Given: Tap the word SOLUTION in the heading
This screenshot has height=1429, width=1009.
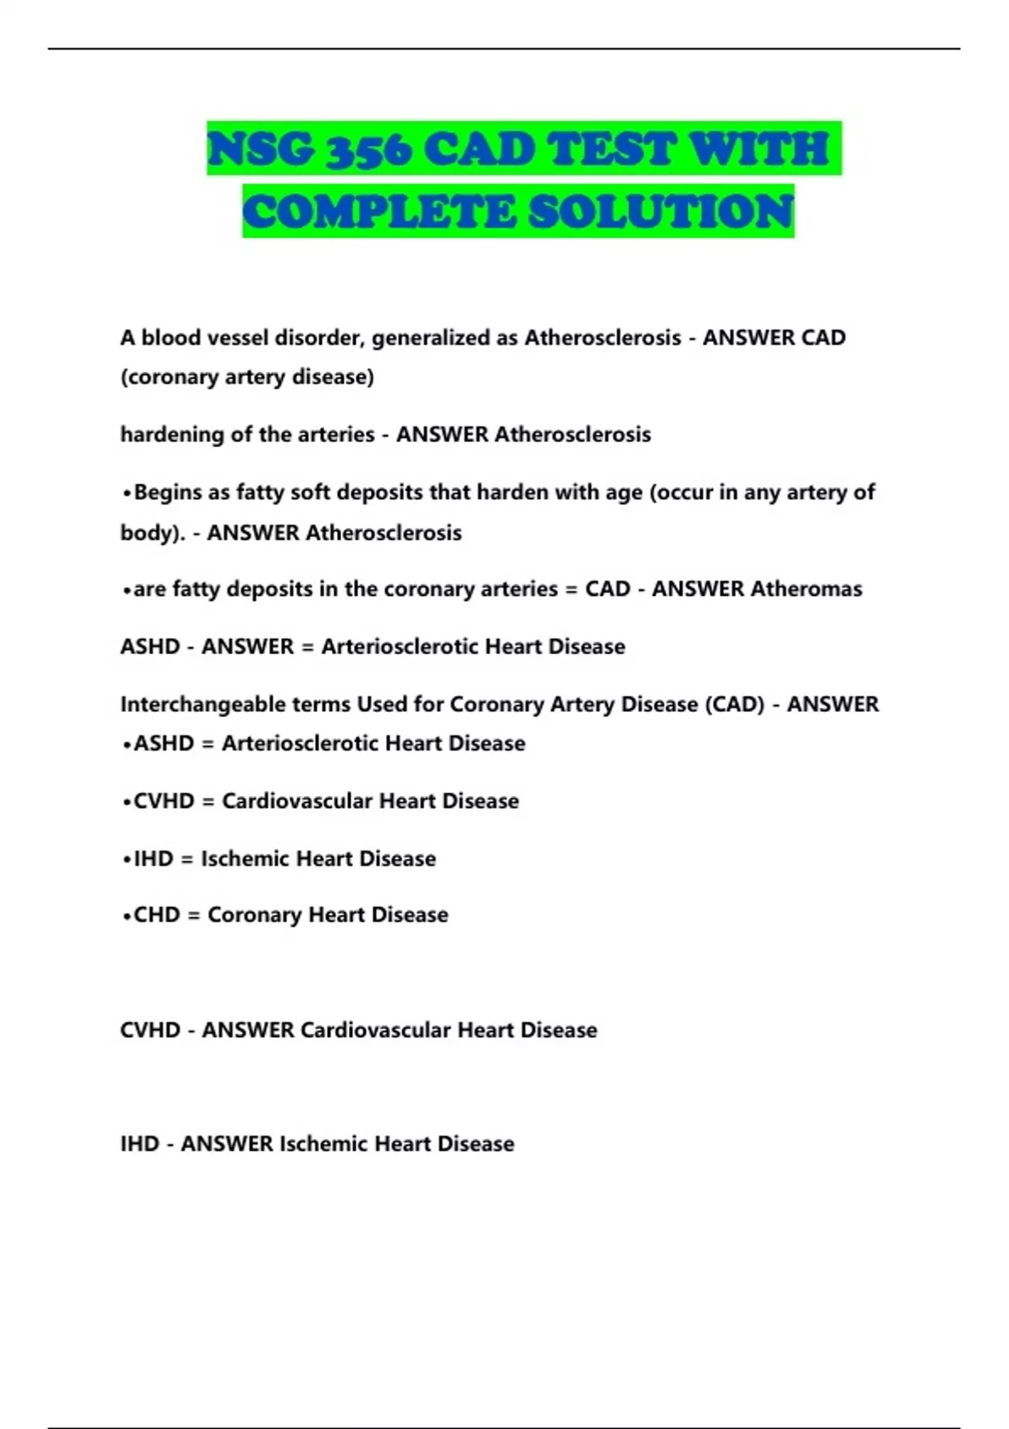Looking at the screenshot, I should [661, 211].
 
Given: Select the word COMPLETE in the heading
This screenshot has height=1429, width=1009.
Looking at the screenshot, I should [378, 211].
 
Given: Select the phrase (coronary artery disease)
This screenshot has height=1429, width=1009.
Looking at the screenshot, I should [247, 377].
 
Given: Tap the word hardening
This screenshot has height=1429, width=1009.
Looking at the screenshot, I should [163, 435].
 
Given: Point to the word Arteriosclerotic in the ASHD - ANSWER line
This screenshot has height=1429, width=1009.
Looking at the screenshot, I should [399, 647].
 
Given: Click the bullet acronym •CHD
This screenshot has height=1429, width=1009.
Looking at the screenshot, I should [151, 915].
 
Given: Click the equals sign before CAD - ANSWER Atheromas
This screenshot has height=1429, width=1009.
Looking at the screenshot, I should [571, 589].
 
